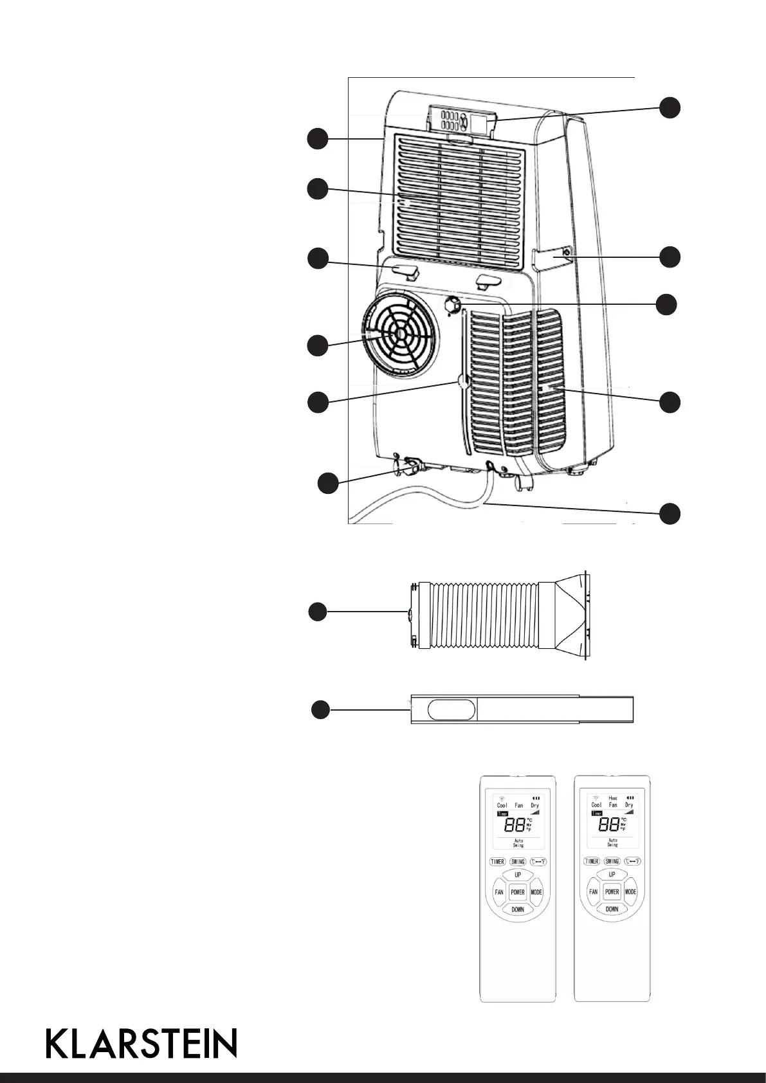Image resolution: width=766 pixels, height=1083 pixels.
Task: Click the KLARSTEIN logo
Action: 141,1042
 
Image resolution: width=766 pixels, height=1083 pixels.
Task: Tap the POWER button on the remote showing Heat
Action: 612,892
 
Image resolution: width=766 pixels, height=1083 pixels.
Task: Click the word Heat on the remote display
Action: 612,798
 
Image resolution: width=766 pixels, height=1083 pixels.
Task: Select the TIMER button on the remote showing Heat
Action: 591,861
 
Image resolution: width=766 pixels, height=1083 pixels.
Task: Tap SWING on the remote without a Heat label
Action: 518,861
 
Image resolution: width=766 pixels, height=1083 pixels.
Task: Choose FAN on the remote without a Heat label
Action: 499,892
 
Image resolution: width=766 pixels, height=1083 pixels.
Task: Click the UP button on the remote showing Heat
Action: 612,875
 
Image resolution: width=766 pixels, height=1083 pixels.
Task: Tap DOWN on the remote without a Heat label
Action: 518,909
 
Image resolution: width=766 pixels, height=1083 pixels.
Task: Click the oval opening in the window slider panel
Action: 451,709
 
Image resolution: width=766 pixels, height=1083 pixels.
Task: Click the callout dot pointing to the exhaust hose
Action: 316,612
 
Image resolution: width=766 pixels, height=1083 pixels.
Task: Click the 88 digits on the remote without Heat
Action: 516,826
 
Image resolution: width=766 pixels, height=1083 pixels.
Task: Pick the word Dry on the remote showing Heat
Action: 629,805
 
